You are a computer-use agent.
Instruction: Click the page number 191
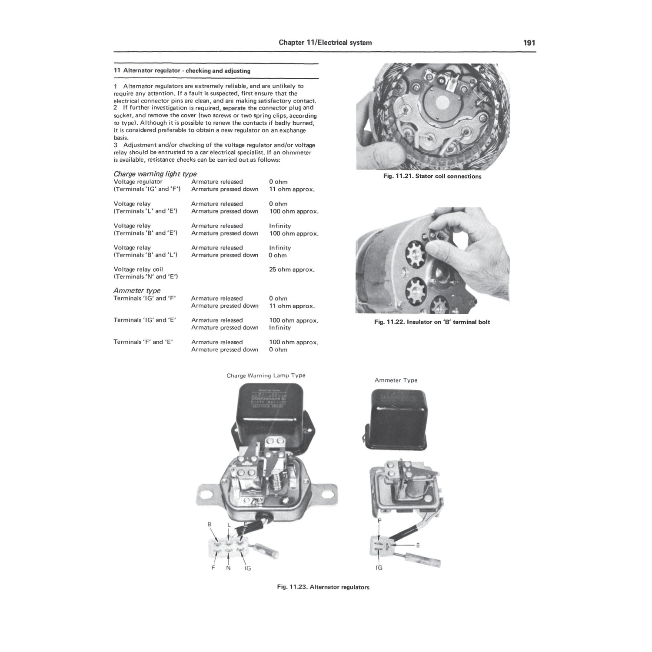pos(529,43)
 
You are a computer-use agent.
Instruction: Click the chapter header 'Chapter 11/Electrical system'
pos(325,43)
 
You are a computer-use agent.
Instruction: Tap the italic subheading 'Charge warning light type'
pos(155,174)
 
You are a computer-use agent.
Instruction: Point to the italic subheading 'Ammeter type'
pos(137,290)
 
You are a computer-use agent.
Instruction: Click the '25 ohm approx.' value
pos(292,269)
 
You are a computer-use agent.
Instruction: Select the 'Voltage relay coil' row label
pos(138,269)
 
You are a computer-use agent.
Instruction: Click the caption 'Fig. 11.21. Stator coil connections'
pos(432,176)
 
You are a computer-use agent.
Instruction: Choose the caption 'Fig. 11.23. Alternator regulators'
pos(323,587)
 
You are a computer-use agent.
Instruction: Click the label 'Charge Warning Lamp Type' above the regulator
pos(266,376)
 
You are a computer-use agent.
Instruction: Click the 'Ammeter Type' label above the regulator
pos(396,380)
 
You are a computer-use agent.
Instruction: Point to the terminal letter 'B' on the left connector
pos(210,525)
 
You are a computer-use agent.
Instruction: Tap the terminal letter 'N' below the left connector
pos(229,568)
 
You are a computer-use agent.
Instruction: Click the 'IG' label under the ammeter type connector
pos(379,568)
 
